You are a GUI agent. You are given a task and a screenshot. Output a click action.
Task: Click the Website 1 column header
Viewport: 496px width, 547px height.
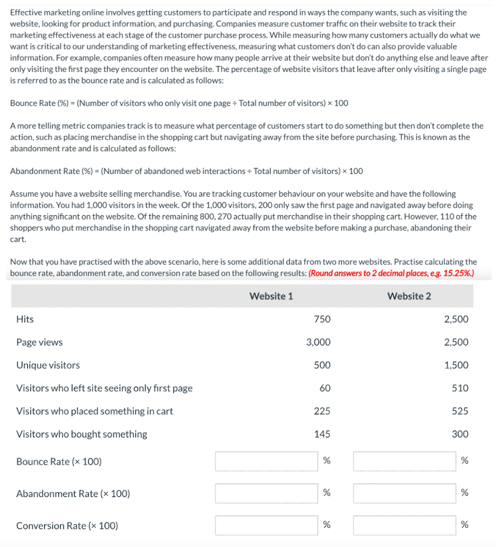(271, 296)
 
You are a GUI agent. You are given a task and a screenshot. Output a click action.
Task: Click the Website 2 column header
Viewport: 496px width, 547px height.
(409, 296)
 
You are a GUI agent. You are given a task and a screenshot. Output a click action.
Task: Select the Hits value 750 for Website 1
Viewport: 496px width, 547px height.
(322, 319)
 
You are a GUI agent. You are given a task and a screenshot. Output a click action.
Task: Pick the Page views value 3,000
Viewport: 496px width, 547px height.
(318, 342)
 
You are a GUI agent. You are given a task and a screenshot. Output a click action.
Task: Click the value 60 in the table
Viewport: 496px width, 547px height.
(325, 388)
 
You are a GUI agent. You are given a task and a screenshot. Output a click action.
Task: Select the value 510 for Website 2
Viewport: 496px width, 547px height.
(459, 388)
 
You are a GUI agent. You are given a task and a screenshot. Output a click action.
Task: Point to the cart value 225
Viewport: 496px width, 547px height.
(322, 411)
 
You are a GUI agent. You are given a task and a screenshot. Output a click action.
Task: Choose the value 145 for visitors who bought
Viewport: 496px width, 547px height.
(322, 434)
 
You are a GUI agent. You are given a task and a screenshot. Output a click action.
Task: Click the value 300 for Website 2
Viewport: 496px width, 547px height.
(459, 434)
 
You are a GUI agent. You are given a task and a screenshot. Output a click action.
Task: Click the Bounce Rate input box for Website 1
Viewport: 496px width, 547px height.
(267, 461)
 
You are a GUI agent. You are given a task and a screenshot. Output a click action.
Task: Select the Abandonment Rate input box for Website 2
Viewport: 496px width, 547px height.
(404, 493)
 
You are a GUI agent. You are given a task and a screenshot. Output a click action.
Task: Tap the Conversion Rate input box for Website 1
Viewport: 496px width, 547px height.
(267, 525)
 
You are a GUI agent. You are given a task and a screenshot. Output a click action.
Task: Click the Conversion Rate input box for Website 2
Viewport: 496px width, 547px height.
(404, 525)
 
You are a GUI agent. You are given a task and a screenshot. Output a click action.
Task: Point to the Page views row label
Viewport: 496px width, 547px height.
(39, 342)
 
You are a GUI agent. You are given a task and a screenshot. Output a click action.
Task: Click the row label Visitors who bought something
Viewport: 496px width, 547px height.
(82, 434)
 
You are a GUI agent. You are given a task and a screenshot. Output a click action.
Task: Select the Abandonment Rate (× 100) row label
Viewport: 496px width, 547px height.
(73, 494)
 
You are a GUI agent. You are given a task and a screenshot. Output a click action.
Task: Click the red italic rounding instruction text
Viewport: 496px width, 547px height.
(391, 273)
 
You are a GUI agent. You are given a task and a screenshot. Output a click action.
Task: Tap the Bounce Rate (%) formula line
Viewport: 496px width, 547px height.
(179, 103)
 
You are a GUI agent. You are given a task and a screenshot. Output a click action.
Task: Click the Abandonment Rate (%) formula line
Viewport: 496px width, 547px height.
(187, 171)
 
